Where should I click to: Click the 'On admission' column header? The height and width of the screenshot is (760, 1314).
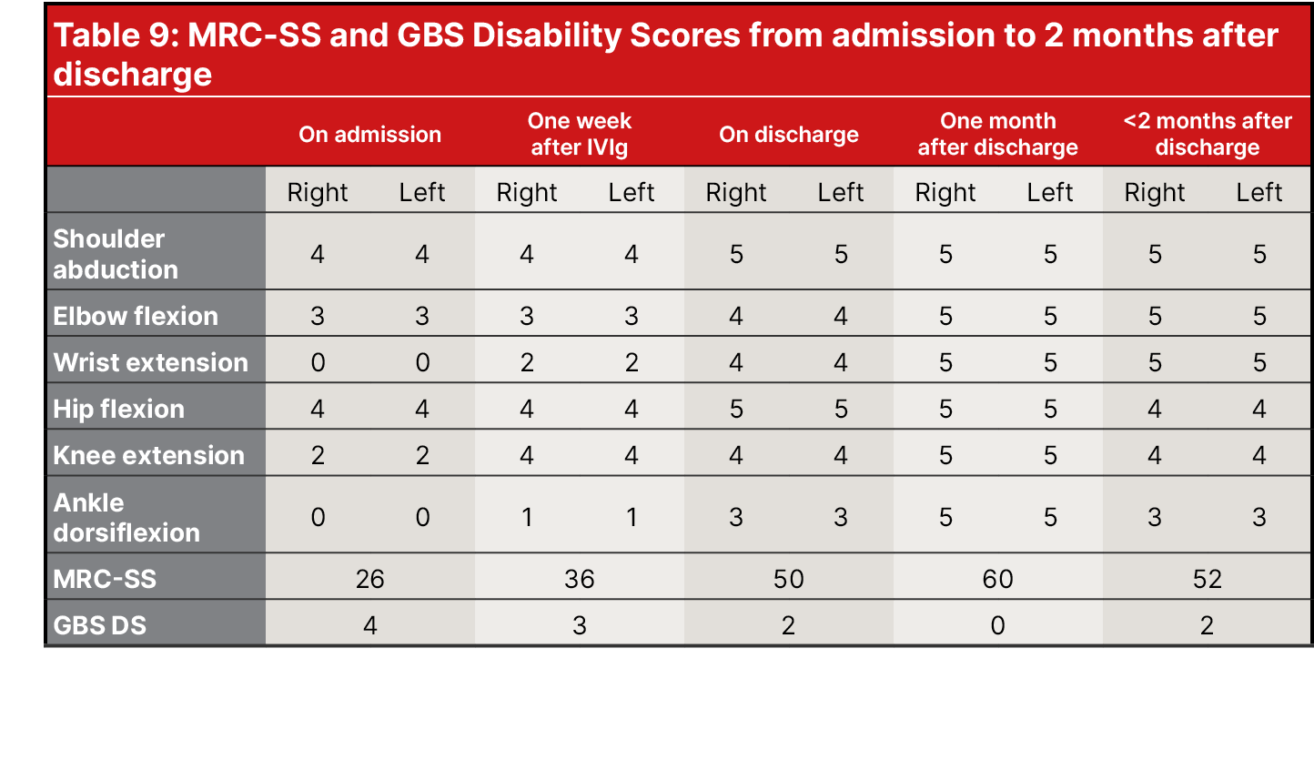369,135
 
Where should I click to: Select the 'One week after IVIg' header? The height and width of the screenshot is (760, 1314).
579,135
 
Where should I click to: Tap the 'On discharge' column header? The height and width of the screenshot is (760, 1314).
788,135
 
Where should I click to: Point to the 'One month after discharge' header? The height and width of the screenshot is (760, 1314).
997,135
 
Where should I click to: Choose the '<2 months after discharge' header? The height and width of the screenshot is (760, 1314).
1207,135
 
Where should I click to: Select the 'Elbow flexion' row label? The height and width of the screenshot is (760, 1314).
136,316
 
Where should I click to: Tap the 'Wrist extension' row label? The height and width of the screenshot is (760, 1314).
150,362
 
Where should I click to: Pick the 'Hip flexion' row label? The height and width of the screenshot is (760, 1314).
118,409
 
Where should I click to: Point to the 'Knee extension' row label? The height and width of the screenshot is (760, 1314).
148,455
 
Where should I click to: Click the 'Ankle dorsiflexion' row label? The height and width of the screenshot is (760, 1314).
126,517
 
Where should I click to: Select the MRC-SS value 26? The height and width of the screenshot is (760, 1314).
369,579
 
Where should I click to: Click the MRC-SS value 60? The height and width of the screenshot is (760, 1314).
997,579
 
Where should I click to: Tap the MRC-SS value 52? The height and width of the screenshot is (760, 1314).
1207,579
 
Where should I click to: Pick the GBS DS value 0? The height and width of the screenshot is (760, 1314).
997,625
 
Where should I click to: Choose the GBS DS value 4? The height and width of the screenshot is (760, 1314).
369,625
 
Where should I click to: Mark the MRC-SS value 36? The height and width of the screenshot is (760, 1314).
579,579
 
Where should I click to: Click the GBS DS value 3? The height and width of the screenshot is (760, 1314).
579,625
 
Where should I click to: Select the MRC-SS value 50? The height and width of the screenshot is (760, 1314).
788,579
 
